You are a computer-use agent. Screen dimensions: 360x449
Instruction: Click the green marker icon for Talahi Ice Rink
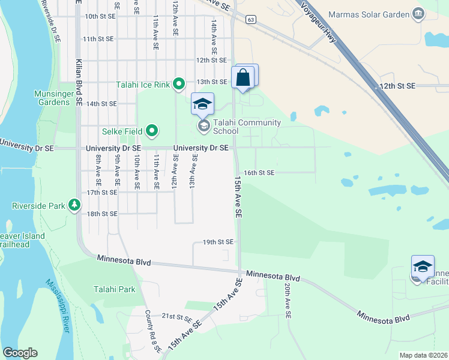(178, 83)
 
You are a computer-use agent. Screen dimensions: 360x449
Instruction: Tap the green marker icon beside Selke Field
(152, 130)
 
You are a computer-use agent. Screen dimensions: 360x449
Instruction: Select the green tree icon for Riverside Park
(74, 206)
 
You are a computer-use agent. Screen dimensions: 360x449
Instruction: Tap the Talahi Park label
(114, 289)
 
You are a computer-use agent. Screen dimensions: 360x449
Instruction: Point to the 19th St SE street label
(218, 242)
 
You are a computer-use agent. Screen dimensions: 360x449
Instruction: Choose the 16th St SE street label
(259, 173)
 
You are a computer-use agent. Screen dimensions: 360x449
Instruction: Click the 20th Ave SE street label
(288, 301)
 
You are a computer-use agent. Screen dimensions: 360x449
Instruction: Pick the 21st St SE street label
(176, 316)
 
